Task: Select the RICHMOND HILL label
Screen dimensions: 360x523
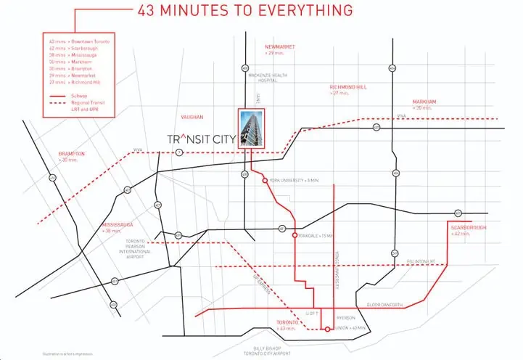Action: point(349,86)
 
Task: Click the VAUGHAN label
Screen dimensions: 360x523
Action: point(193,115)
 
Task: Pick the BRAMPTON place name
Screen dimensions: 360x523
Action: point(72,154)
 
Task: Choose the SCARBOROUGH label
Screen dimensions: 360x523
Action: point(467,228)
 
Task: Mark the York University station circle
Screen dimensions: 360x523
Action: point(265,180)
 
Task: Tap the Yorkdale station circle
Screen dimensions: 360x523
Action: point(295,236)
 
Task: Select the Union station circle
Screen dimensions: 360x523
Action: point(334,330)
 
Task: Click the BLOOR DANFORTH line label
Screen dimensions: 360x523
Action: point(384,305)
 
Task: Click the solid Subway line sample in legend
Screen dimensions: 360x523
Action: point(54,94)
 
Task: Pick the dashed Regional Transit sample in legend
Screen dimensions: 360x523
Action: point(54,103)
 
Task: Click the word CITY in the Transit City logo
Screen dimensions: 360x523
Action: point(223,139)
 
